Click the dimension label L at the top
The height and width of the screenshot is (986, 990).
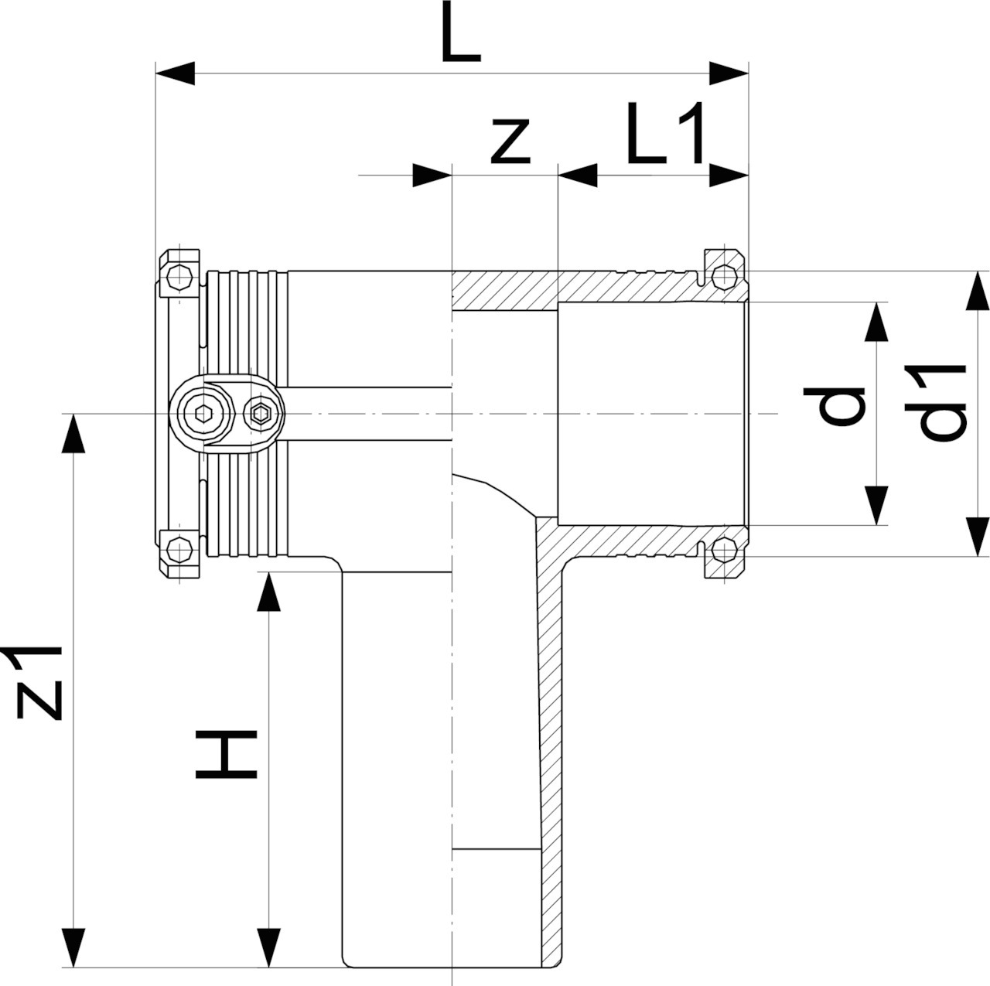pos(461,32)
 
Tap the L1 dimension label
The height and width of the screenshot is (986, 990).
pos(665,133)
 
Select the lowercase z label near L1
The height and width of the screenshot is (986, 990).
pos(510,142)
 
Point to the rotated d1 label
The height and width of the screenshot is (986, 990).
pos(936,404)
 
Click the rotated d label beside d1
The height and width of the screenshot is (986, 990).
pos(835,407)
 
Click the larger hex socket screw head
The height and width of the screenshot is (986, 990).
pos(204,413)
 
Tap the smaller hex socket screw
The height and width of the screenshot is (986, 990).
pos(262,413)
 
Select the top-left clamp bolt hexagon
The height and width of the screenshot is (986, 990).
pos(179,277)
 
